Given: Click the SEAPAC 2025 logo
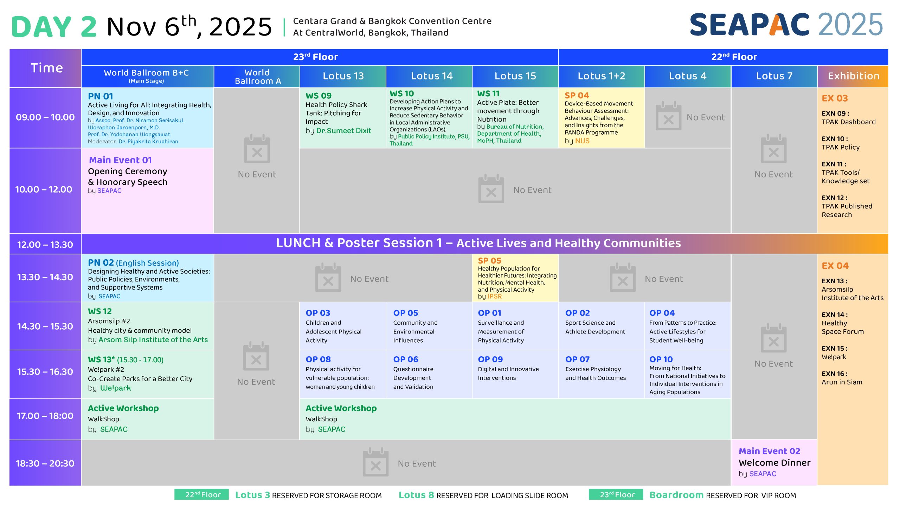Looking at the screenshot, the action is (x=786, y=25).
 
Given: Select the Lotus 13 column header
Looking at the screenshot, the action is (x=343, y=76).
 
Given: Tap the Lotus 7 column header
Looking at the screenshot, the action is (x=774, y=76).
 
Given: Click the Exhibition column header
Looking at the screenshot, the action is (x=853, y=76).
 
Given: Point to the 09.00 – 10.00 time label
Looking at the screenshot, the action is (x=45, y=117).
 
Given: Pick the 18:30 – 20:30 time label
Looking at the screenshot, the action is (x=45, y=463).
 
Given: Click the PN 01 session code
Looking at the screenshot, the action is (x=101, y=96).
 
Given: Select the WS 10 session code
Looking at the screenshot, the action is (x=402, y=93).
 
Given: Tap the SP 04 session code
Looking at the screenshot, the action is (x=577, y=95).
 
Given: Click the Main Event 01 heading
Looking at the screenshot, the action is (x=120, y=160).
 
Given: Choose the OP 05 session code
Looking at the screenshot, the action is (x=406, y=313).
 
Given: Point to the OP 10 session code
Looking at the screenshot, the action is (x=661, y=359).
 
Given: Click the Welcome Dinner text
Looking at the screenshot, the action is (x=774, y=462).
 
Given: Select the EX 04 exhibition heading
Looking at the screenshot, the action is (x=835, y=266).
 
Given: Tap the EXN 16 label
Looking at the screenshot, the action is (x=835, y=374).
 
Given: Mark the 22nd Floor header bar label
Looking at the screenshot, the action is (x=734, y=57).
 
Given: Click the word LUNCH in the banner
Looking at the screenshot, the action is (x=298, y=243).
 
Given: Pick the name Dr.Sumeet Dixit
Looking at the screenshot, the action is (x=343, y=131).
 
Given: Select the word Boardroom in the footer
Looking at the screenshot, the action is (x=676, y=495).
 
